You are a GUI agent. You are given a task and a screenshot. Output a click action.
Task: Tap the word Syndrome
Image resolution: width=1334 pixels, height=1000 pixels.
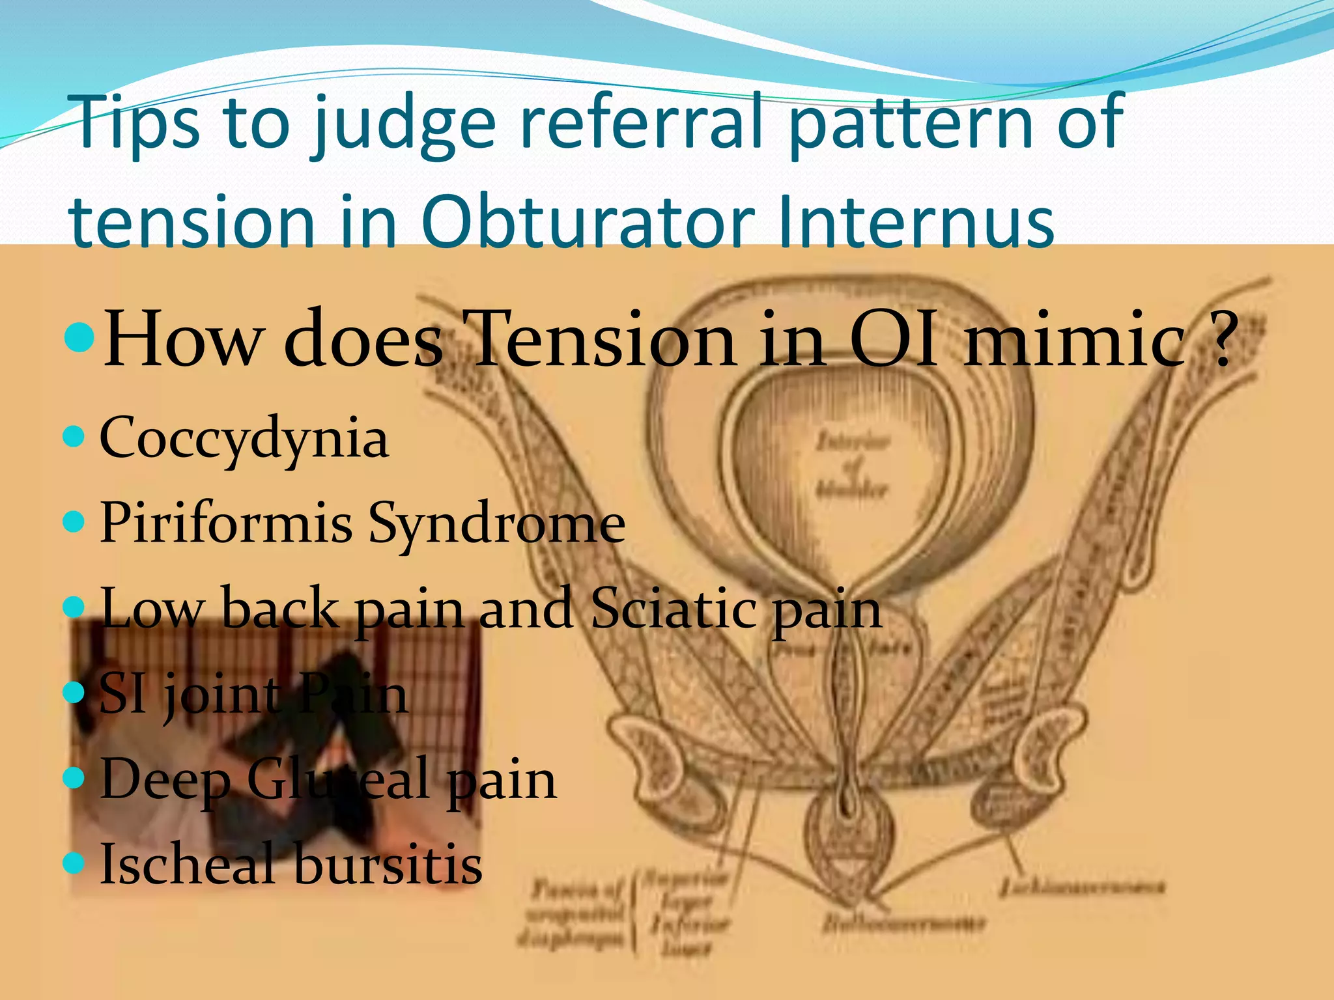[x=496, y=525]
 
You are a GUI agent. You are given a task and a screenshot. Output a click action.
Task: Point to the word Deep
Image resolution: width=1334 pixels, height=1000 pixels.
[x=165, y=781]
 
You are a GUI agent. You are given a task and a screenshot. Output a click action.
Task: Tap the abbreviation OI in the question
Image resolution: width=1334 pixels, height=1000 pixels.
[x=895, y=339]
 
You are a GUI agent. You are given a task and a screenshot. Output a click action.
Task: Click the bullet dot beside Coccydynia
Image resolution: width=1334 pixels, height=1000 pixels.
[x=75, y=436]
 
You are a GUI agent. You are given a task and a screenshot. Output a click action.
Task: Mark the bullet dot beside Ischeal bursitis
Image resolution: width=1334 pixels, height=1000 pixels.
[x=75, y=863]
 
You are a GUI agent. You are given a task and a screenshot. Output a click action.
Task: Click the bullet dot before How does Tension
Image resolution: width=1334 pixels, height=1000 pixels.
[x=81, y=337]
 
